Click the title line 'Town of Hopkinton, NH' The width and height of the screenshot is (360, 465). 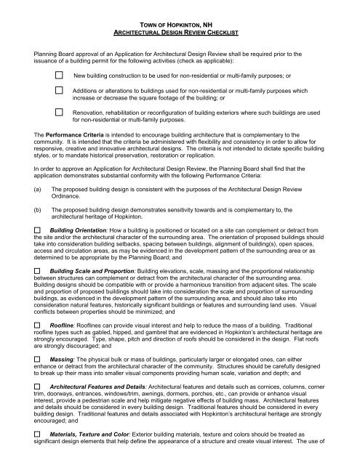(180, 25)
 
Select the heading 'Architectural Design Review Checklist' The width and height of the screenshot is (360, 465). (180, 33)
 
